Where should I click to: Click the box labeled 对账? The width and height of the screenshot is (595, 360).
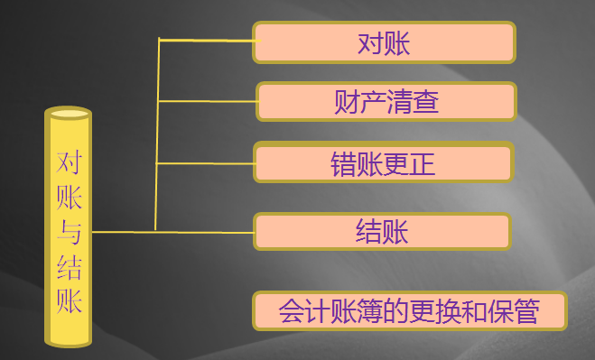(384, 42)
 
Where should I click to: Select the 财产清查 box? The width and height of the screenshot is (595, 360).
(386, 101)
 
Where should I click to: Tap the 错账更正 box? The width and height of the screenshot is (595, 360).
(383, 163)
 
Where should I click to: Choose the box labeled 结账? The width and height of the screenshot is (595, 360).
(382, 231)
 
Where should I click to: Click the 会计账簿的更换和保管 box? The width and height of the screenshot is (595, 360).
(409, 311)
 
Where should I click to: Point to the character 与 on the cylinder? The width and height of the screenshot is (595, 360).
(69, 234)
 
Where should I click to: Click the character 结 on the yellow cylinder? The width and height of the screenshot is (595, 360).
(69, 268)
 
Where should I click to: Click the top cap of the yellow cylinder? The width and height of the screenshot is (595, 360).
(69, 114)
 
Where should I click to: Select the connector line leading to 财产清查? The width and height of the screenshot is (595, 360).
(208, 101)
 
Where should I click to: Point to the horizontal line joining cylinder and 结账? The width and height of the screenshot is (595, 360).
(172, 232)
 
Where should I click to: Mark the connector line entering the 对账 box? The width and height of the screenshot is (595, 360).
(208, 41)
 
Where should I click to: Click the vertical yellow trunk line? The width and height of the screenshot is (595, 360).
(158, 135)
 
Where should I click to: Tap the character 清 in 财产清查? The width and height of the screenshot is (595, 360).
(399, 101)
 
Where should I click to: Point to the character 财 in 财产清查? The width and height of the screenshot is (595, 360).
(347, 101)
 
